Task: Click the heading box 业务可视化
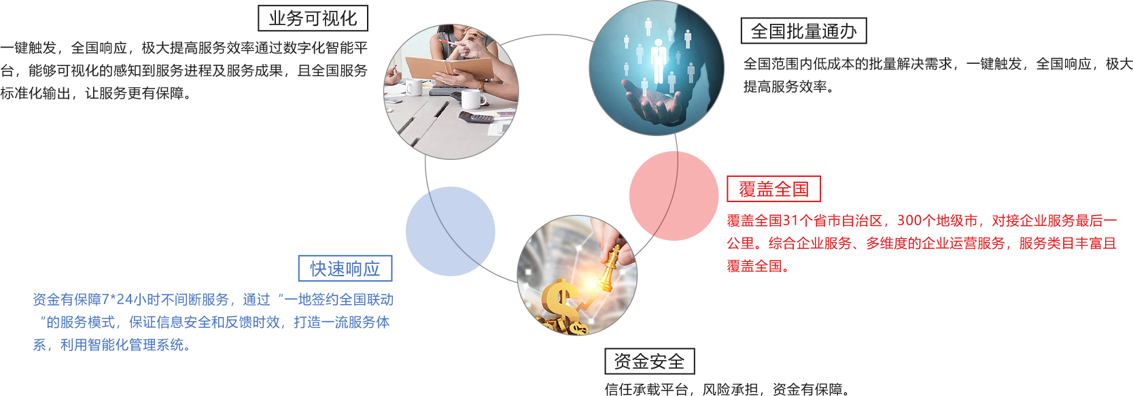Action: coord(313,18)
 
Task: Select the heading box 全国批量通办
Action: coord(803,31)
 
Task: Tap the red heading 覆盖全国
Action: coord(773,189)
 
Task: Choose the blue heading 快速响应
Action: coord(345,268)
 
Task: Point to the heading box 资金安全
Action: coord(650,361)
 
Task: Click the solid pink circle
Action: coord(674,196)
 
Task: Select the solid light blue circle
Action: coord(450,231)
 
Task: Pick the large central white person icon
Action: coord(658,61)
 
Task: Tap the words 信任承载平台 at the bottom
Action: coord(646,389)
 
